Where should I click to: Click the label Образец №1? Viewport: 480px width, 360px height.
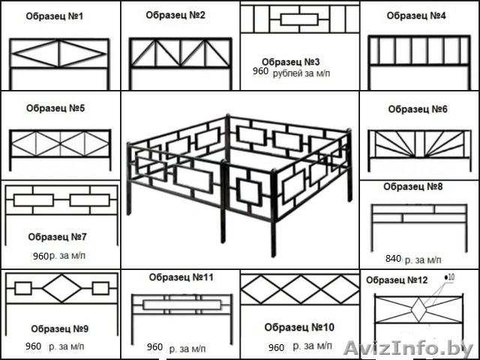coord(55,16)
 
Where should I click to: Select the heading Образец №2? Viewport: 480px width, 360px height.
coord(175,15)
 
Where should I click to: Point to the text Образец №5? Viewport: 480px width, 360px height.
coord(55,108)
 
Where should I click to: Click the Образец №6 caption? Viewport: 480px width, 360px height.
coord(418,109)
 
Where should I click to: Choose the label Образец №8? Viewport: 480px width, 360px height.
coord(413,186)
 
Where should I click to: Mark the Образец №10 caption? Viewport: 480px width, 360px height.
coord(299,327)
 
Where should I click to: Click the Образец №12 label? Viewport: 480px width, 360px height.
coord(397,280)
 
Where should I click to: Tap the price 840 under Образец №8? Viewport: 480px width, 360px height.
coord(393,259)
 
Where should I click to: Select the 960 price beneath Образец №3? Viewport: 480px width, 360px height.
coord(260,73)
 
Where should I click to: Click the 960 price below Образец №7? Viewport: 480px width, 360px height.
coord(40,256)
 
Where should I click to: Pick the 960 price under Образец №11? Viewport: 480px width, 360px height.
coord(154,347)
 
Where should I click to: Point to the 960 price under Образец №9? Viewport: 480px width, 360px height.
coord(33,346)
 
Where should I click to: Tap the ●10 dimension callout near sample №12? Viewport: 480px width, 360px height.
coord(449,277)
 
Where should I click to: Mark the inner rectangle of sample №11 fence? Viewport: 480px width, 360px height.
coord(180,304)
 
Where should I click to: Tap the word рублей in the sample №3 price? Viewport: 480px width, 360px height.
coord(289,73)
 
